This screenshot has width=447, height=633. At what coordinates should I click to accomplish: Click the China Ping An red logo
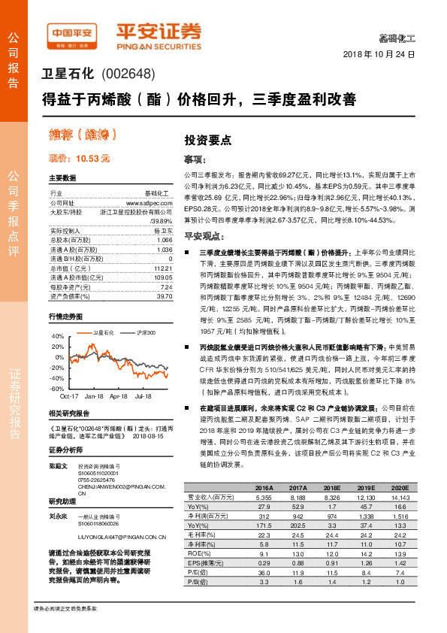tap(73, 34)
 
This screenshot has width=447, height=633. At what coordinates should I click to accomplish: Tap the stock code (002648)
tap(128, 74)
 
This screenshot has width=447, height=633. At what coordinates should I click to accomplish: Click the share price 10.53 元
tap(79, 159)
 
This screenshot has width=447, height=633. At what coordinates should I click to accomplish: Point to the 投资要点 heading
tap(207, 141)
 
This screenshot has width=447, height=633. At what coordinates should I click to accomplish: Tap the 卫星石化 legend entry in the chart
tap(103, 332)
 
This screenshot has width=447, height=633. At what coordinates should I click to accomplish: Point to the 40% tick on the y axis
tap(59, 336)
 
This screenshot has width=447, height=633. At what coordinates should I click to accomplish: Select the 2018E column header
tap(328, 488)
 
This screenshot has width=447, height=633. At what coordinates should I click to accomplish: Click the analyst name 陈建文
tap(59, 466)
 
